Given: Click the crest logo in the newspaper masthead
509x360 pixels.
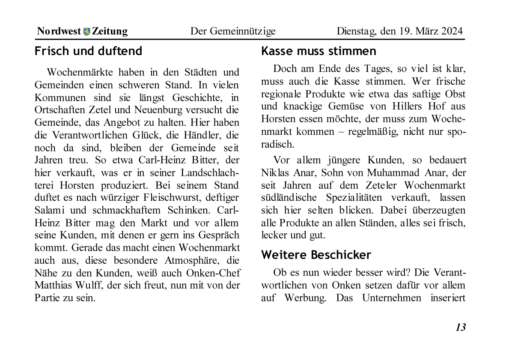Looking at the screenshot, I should [x=87, y=31].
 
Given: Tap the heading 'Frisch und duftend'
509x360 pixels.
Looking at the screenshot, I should [x=88, y=51].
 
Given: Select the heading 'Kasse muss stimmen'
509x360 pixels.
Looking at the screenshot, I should [x=318, y=51].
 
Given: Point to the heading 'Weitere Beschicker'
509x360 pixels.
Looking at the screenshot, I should [x=316, y=255].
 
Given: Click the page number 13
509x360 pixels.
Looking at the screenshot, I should [x=460, y=327].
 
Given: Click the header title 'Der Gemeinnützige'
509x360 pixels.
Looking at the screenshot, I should [x=233, y=31].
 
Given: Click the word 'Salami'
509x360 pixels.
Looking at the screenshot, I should [x=49, y=210].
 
